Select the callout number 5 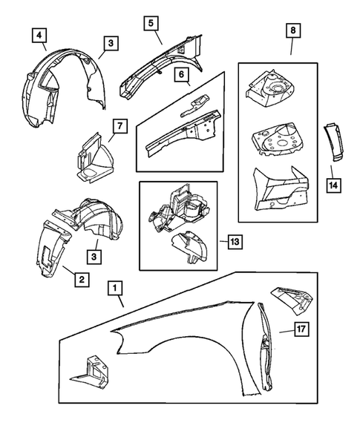[x=151, y=22]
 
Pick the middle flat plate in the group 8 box [x=275, y=138]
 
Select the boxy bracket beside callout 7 [x=91, y=157]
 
